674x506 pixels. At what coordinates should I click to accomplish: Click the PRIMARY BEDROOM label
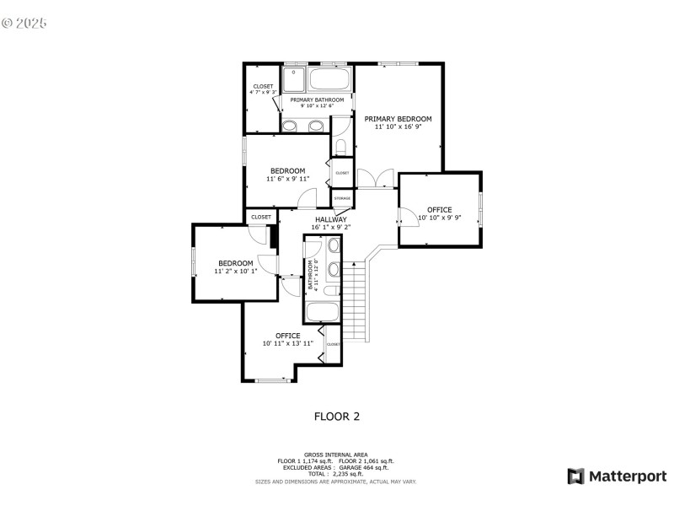398,119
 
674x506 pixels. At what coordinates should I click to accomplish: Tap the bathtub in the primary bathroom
329,81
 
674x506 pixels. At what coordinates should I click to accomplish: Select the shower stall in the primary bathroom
294,78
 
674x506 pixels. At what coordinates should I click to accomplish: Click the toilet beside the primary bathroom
340,148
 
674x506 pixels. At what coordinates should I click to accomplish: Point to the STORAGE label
342,199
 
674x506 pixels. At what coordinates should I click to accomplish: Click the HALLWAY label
331,219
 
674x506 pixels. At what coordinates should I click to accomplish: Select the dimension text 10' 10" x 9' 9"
439,218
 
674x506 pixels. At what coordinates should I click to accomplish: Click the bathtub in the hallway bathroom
322,311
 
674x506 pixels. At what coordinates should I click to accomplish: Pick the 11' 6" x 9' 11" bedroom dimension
287,179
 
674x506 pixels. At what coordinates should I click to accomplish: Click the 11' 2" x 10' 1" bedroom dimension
235,272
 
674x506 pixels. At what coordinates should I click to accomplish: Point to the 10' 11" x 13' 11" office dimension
287,343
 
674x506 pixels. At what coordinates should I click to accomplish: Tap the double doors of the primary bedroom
376,180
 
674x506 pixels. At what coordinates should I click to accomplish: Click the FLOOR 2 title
337,416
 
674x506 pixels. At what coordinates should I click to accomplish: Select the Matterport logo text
627,476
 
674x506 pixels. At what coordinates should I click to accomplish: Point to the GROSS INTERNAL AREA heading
336,455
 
